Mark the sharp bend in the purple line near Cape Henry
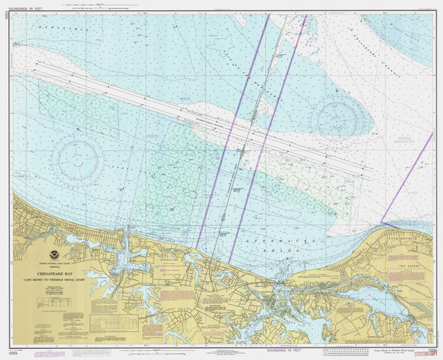pos(381,221)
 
